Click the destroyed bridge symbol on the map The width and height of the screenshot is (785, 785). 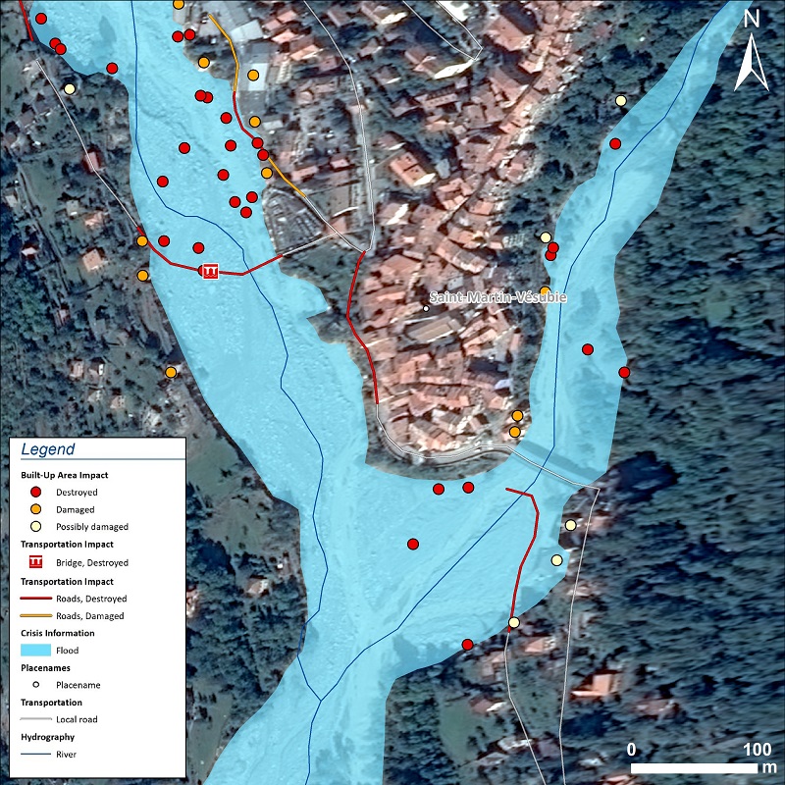pos(208,270)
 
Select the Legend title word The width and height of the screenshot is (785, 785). pos(47,449)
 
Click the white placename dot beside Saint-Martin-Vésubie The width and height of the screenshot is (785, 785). pos(426,309)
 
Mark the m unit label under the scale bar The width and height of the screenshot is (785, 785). pos(773,766)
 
